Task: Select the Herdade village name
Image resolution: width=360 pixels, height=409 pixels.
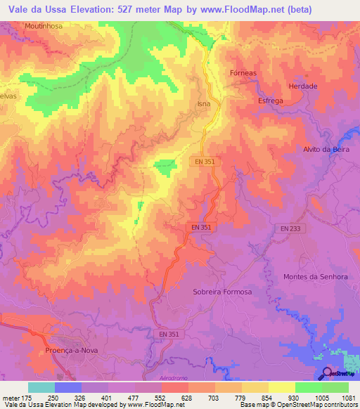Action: click(x=303, y=86)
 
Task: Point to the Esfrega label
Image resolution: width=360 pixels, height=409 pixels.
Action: click(x=271, y=100)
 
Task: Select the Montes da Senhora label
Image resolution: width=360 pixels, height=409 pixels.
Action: click(x=316, y=277)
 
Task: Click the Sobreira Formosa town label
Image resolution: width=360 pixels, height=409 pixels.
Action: click(x=221, y=292)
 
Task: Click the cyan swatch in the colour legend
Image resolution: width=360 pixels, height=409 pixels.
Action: click(x=41, y=387)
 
